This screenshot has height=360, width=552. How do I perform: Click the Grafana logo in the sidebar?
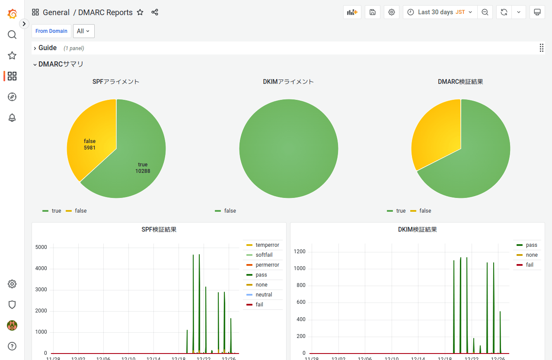coord(12,14)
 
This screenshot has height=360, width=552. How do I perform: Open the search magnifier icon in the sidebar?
coord(12,35)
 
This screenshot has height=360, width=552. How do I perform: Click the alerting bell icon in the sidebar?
coord(12,118)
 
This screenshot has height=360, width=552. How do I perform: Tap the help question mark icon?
coord(12,346)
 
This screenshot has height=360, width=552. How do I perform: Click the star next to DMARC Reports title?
coord(140,13)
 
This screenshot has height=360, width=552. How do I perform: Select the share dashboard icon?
coord(155,13)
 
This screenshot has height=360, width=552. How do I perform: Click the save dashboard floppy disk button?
coord(373,12)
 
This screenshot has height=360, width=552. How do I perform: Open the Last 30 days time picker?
coord(440,12)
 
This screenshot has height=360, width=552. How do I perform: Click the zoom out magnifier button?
coord(485,12)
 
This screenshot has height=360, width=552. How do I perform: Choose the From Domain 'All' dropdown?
coord(83,31)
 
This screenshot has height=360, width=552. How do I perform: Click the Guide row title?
coord(48,48)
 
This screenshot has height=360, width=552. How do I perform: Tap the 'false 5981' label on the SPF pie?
coord(89,144)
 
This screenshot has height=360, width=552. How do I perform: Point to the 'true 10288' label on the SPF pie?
coord(143,168)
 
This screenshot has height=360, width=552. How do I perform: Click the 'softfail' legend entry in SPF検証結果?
coord(264,255)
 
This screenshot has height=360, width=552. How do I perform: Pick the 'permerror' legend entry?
coord(267,265)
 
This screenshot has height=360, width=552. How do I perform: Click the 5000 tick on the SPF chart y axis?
coord(41,248)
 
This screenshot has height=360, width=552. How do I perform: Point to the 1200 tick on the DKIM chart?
coord(299,252)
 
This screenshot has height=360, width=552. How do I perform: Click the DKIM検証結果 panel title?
coord(417,229)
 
